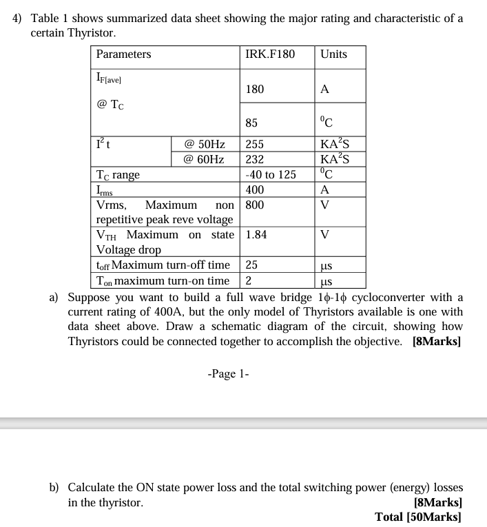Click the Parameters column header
pyautogui.click(x=123, y=54)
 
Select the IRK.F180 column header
pyautogui.click(x=269, y=54)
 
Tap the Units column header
pyautogui.click(x=333, y=54)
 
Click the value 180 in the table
pyautogui.click(x=254, y=89)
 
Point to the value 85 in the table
pyautogui.click(x=251, y=123)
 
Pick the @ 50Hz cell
pyautogui.click(x=205, y=145)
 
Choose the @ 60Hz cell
pyautogui.click(x=205, y=159)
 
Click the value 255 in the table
pyautogui.click(x=254, y=145)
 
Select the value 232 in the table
pyautogui.click(x=254, y=159)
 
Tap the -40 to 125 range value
pyautogui.click(x=271, y=174)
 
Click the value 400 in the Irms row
pyautogui.click(x=254, y=189)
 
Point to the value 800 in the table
pyautogui.click(x=254, y=205)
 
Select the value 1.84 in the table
pyautogui.click(x=256, y=234)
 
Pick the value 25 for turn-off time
pyautogui.click(x=251, y=265)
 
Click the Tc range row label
pyautogui.click(x=118, y=175)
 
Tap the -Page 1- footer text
pyautogui.click(x=228, y=374)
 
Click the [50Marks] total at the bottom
pyautogui.click(x=434, y=517)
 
